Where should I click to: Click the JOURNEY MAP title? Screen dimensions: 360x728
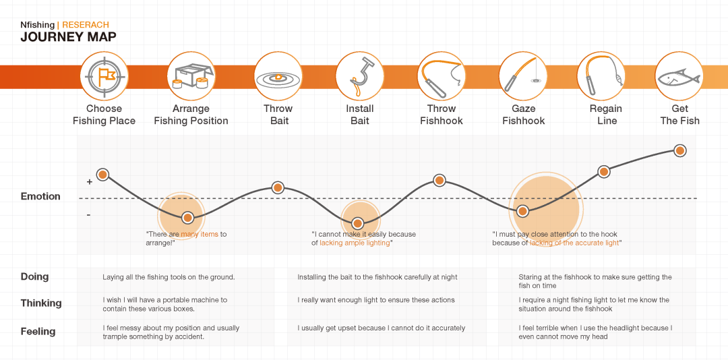pyautogui.click(x=68, y=37)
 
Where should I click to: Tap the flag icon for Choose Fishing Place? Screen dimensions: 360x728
pyautogui.click(x=104, y=76)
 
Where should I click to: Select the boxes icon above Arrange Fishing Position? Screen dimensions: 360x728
pyautogui.click(x=191, y=76)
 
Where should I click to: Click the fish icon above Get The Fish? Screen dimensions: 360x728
pyautogui.click(x=679, y=76)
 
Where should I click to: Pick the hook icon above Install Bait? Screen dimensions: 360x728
pyautogui.click(x=359, y=76)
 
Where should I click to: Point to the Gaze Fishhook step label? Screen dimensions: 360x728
pyautogui.click(x=523, y=115)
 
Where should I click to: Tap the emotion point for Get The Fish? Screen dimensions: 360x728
pyautogui.click(x=680, y=150)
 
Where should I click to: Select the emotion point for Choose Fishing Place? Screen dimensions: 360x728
pyautogui.click(x=102, y=175)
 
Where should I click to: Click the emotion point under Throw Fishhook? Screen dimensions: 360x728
pyautogui.click(x=439, y=180)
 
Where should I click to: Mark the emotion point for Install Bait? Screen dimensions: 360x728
pyautogui.click(x=358, y=223)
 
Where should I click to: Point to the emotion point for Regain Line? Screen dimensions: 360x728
pyautogui.click(x=604, y=172)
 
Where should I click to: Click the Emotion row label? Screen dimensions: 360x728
pyautogui.click(x=40, y=196)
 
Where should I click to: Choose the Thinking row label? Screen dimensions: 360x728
pyautogui.click(x=41, y=303)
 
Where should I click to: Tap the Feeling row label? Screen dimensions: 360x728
pyautogui.click(x=38, y=332)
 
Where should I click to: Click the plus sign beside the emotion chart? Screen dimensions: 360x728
pyautogui.click(x=89, y=182)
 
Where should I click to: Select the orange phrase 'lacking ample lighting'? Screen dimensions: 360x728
pyautogui.click(x=355, y=243)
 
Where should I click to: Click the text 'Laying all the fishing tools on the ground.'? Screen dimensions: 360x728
pyautogui.click(x=169, y=277)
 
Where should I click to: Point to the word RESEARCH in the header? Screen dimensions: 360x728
pyautogui.click(x=85, y=25)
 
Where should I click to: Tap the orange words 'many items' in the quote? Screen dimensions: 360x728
pyautogui.click(x=200, y=235)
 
